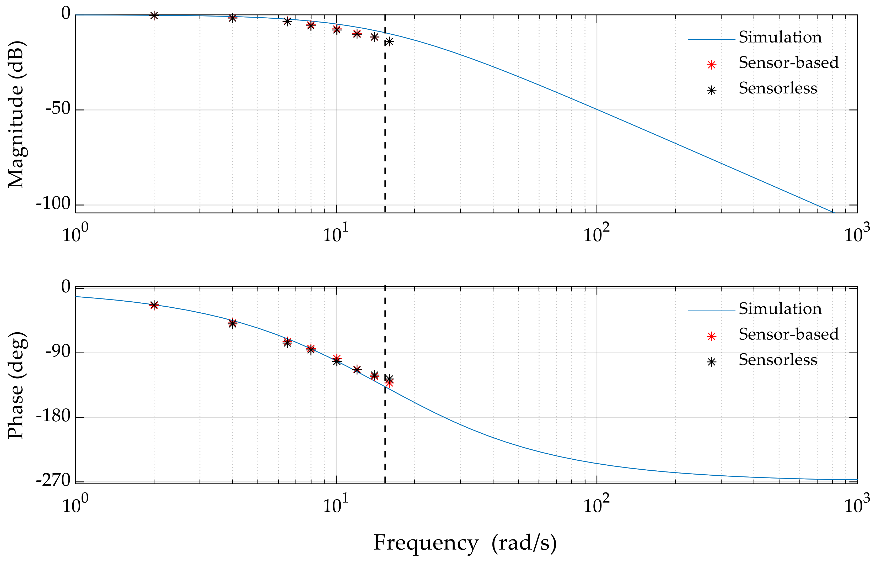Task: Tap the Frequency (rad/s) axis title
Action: pos(465,543)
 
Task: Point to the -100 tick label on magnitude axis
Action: pos(53,204)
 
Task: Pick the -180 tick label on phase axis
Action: pos(53,416)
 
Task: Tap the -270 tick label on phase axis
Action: pos(53,480)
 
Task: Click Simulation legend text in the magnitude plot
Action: pos(780,38)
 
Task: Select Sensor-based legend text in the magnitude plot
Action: pos(788,63)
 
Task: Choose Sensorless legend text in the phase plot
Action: pos(778,360)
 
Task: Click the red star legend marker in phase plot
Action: pos(711,337)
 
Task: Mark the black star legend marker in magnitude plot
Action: pos(711,91)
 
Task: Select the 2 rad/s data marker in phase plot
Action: pos(154,305)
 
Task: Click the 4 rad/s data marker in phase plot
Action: pos(233,323)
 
